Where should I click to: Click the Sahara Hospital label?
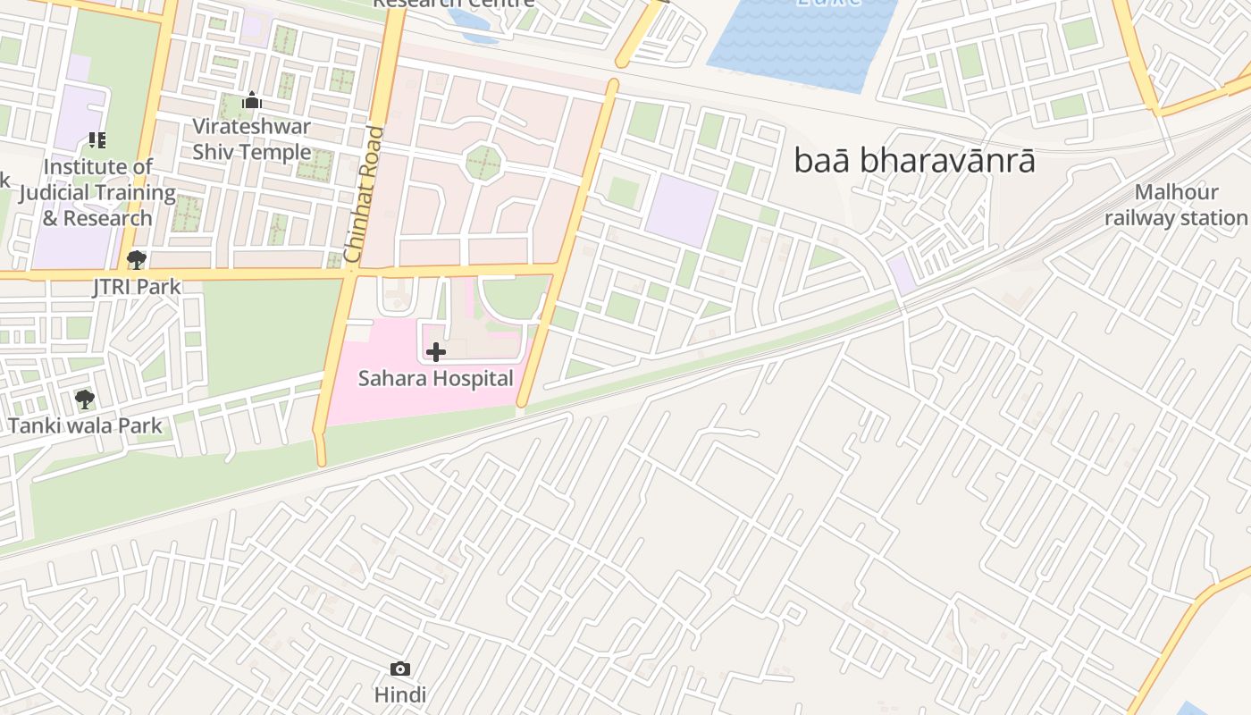(436, 378)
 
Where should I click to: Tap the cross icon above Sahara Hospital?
(436, 352)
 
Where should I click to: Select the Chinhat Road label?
(365, 195)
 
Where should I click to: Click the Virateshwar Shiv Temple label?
(252, 139)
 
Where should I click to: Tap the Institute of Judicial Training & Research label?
(97, 192)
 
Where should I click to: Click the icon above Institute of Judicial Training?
(97, 140)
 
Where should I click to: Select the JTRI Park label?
(137, 287)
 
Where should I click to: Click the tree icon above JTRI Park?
(137, 260)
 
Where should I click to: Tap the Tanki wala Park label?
(86, 425)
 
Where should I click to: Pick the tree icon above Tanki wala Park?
(85, 399)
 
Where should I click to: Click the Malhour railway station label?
(1176, 206)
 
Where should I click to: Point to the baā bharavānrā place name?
(915, 161)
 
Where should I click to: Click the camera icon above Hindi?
(400, 669)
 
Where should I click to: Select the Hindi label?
(400, 694)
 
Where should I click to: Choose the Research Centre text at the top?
(454, 4)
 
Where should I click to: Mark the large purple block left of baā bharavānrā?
(681, 210)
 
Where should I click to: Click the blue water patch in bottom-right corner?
(1193, 709)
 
